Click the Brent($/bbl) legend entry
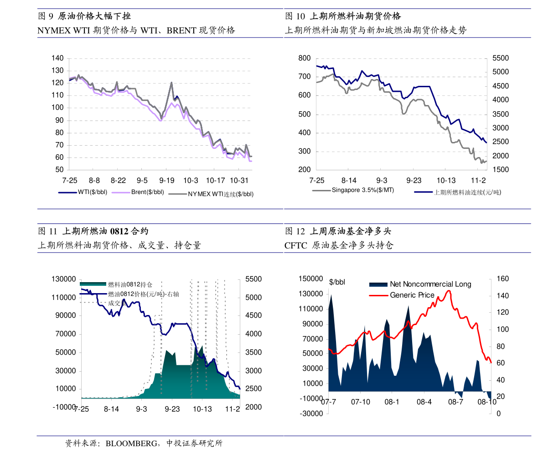tap(138, 192)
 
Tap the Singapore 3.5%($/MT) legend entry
tap(353, 190)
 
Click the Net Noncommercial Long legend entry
tap(420, 284)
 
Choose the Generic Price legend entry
tap(402, 295)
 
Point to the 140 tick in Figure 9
tap(57, 58)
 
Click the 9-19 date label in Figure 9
tap(166, 180)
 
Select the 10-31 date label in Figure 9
tap(239, 180)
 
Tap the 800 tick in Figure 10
tap(305, 58)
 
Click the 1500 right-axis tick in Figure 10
tap(501, 169)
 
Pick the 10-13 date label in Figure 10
tap(446, 180)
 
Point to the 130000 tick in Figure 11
tap(64, 279)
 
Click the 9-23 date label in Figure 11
tap(172, 409)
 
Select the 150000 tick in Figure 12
tap(310, 278)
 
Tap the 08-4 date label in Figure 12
tap(424, 402)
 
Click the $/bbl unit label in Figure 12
tap(337, 282)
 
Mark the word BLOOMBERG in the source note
tap(131, 443)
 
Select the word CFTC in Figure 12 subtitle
tap(296, 246)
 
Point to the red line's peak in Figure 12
tap(450, 290)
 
